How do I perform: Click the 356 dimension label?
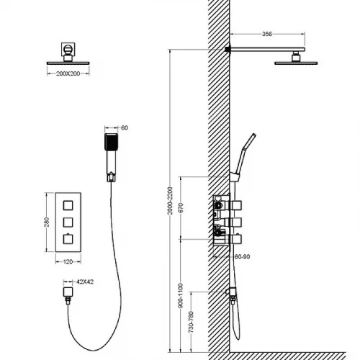pos(267,34)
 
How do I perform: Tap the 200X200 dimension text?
pos(68,73)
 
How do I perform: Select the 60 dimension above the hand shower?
pos(125,128)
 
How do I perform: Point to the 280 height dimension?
pos(47,222)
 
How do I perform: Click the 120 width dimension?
pos(68,262)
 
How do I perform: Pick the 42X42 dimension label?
pos(85,282)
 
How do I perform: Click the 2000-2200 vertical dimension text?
pos(170,201)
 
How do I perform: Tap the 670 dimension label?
pos(181,207)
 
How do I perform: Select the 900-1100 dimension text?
pos(181,296)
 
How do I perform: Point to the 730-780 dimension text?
pos(191,322)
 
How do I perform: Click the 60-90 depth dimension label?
pos(242,257)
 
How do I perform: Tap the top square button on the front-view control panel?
pos(68,206)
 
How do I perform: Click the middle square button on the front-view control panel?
pos(68,222)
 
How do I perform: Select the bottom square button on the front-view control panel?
pos(68,239)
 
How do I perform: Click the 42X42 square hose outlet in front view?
pos(68,292)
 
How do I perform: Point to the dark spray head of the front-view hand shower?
pos(111,142)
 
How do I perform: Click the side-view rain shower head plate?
pos(296,63)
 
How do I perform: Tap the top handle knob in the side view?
pos(236,206)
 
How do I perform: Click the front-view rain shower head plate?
pos(68,63)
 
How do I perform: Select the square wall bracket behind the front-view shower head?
pos(68,49)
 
